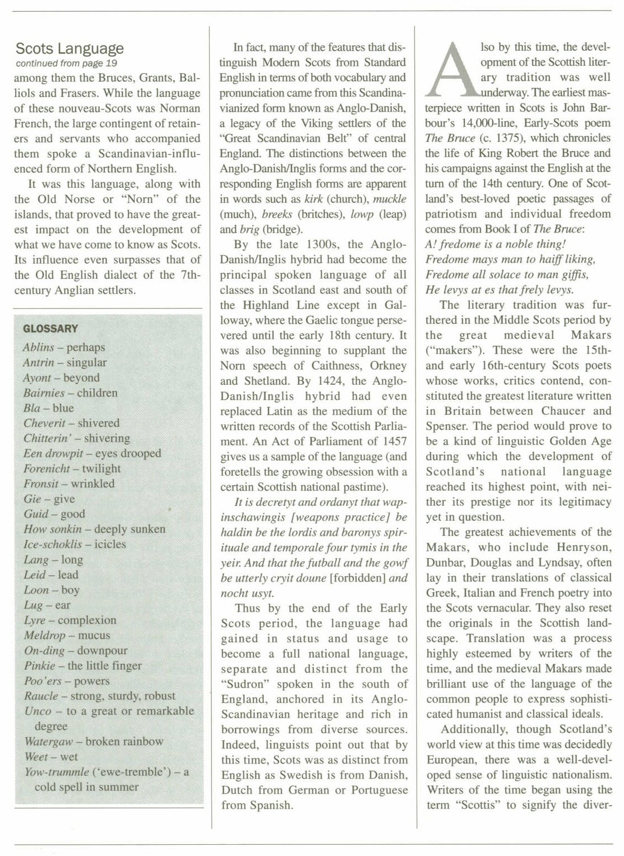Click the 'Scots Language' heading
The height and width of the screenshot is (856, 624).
(x=70, y=49)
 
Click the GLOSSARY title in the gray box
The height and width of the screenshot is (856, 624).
(x=50, y=329)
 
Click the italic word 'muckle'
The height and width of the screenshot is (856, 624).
(x=389, y=199)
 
